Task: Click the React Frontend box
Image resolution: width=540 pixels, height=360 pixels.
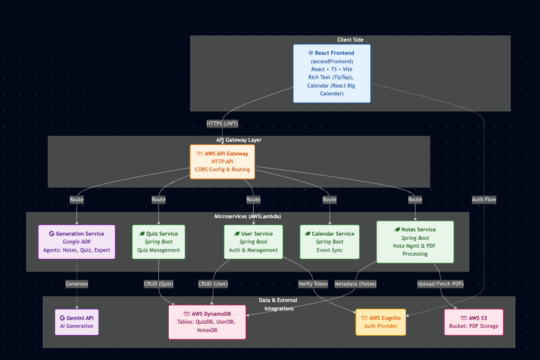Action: pos(332,73)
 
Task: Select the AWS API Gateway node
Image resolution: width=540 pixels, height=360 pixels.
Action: pos(222,162)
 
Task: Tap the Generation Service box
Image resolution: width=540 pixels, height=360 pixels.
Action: pos(76,242)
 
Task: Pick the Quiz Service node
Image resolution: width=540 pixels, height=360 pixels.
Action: pos(158,242)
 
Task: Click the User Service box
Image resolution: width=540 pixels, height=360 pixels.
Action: pos(253,242)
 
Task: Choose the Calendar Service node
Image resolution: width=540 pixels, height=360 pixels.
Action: pos(330,242)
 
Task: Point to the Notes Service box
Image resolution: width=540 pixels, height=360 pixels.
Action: pos(415,242)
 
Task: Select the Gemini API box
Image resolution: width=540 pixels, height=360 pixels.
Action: pos(76,322)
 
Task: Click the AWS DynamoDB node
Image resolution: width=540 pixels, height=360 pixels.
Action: pos(207,322)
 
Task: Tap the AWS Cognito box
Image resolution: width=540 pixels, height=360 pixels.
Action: pos(381,322)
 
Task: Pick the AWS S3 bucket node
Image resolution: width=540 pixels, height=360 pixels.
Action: pos(474,322)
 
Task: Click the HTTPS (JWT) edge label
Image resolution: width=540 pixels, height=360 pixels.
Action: pos(222,123)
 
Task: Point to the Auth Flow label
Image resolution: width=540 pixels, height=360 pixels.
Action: pos(484,200)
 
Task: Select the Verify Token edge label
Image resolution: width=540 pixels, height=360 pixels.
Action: pos(313,284)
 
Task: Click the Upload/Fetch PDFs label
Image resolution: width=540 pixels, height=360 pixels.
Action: pos(440,284)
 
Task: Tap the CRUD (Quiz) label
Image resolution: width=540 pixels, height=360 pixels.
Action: pos(158,284)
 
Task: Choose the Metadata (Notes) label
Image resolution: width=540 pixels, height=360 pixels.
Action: pos(355,284)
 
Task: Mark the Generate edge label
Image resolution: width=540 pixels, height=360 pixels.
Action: pos(76,284)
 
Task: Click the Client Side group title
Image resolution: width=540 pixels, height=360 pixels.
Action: pos(350,40)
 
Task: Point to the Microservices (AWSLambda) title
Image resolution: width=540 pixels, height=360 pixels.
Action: pos(248,217)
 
